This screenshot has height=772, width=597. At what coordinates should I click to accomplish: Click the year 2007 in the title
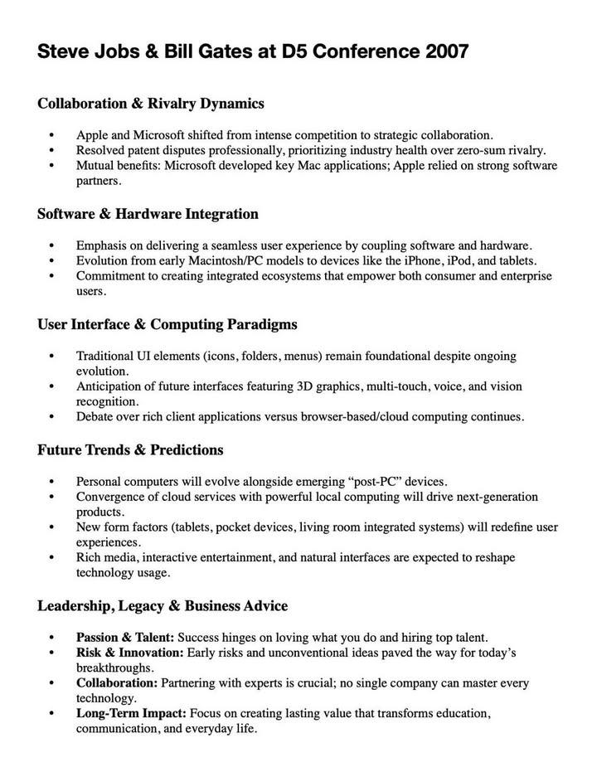[x=446, y=51]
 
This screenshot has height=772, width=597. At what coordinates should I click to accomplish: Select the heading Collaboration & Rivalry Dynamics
[x=151, y=104]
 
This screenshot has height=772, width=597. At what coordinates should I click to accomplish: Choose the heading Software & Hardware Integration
[x=148, y=214]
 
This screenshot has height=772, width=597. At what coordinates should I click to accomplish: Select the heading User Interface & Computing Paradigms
[x=167, y=324]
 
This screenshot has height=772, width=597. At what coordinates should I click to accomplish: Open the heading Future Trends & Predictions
[x=130, y=450]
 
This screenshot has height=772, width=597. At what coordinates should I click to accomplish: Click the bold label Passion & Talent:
[x=125, y=638]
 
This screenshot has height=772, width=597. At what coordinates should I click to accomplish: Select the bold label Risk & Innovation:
[x=129, y=653]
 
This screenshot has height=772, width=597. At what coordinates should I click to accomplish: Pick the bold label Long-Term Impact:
[x=132, y=713]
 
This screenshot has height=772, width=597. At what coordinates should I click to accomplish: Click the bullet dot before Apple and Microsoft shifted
[x=53, y=134]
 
